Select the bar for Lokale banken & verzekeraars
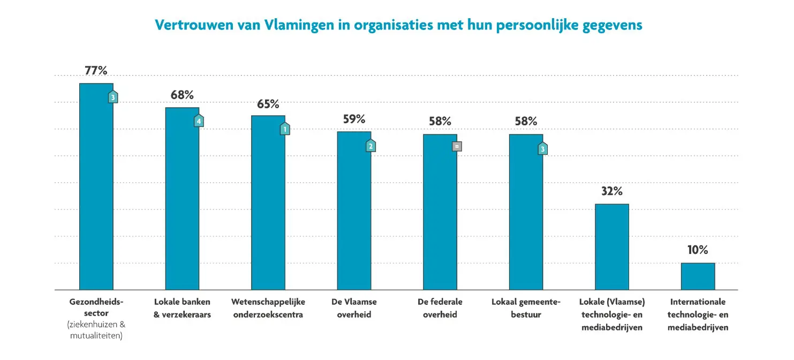point(182,198)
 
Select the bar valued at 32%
point(612,246)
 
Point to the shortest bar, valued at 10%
point(698,276)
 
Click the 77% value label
point(96,71)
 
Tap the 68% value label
point(182,95)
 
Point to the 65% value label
point(268,104)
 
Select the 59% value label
point(354,119)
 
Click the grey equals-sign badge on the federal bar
point(456,145)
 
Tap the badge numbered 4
point(199,121)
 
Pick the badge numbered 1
point(285,129)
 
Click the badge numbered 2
point(370,146)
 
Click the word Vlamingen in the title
point(294,25)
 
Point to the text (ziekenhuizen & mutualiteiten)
point(96,331)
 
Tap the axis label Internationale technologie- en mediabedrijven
point(698,315)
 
